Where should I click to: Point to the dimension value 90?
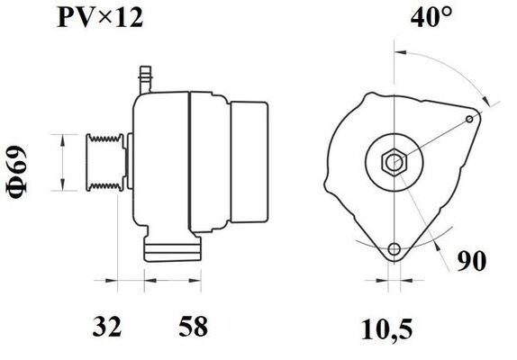tap(475, 263)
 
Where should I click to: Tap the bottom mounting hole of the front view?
tap(394, 249)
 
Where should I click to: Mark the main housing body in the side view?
tap(162, 162)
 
